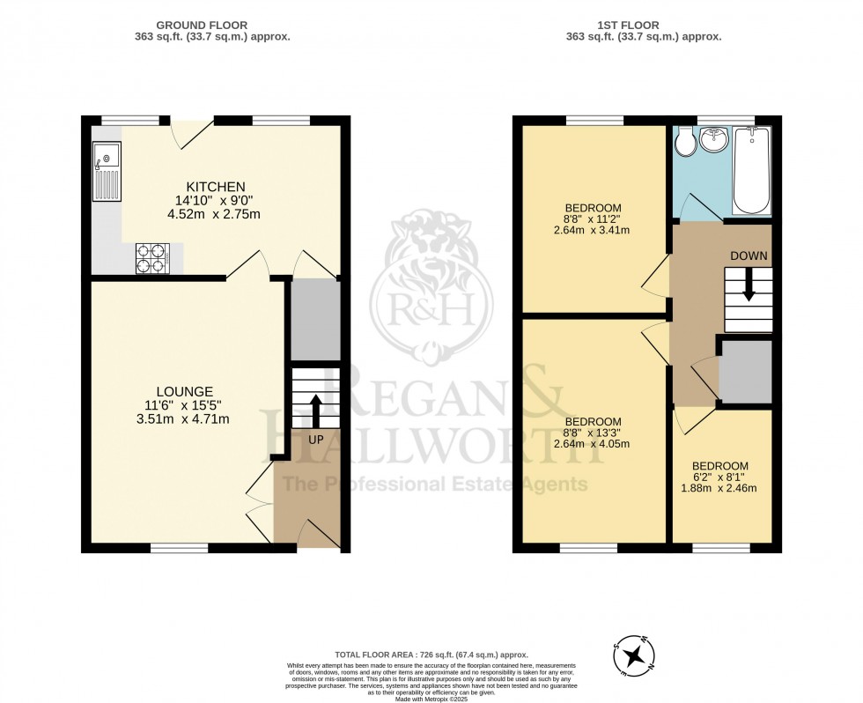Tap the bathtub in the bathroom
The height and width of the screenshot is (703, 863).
click(751, 170)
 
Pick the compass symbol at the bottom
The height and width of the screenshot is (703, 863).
click(633, 655)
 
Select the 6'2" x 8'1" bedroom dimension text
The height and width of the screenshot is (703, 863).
click(720, 477)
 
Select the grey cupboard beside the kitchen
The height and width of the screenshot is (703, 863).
click(315, 320)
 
